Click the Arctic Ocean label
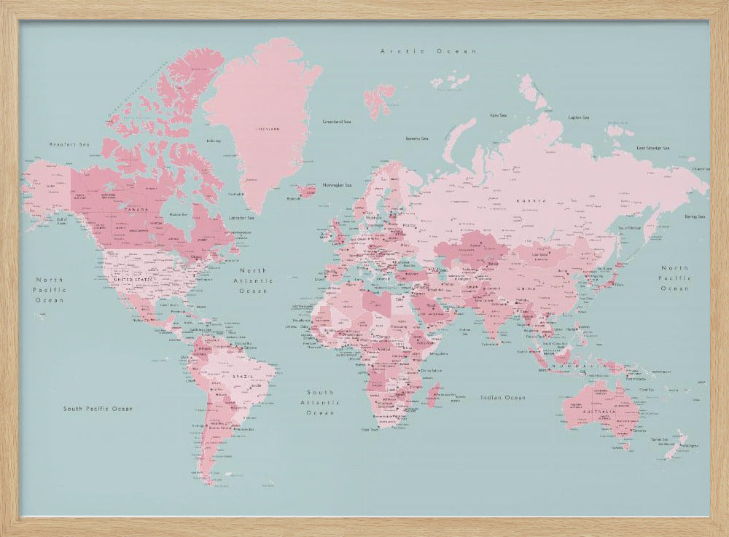click(429, 51)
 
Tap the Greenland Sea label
click(337, 122)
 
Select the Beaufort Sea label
click(69, 144)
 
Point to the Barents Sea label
click(417, 137)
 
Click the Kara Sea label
click(499, 114)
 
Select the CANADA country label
click(136, 210)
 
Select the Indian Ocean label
click(503, 397)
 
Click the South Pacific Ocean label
click(98, 409)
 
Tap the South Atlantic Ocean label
click(320, 402)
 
